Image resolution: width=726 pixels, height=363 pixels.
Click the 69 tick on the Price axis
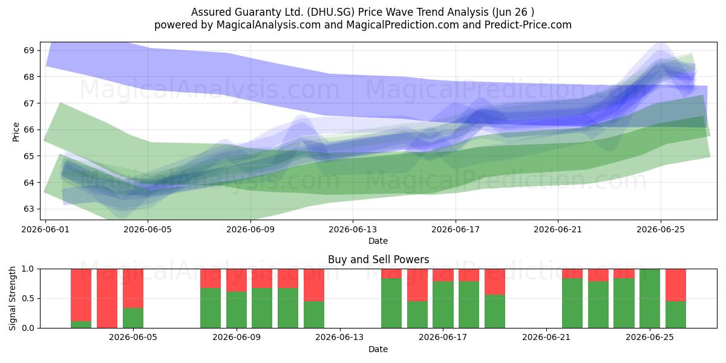click(28, 51)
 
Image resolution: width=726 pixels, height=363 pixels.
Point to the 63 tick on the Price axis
click(28, 209)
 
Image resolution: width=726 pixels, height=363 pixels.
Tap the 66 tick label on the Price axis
click(28, 129)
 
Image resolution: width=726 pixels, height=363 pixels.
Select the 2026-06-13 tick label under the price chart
click(353, 229)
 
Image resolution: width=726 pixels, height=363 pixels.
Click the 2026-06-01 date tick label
click(45, 229)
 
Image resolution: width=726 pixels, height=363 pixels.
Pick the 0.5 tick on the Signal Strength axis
click(28, 298)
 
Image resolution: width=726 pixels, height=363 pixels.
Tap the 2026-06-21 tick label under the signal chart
click(546, 337)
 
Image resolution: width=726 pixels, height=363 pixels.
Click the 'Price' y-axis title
click(16, 132)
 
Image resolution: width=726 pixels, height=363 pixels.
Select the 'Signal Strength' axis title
click(12, 298)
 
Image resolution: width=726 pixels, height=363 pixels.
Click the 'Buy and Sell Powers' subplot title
click(378, 260)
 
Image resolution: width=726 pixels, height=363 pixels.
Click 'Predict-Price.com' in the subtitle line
click(528, 25)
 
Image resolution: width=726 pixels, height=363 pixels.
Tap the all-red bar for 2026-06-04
click(107, 298)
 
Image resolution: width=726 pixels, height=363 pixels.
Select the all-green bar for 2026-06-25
click(650, 298)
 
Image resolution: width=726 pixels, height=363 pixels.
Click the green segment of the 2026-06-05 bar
click(133, 318)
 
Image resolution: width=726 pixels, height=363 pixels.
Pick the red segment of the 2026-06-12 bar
click(314, 285)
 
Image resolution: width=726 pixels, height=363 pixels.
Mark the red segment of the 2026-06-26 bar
click(676, 285)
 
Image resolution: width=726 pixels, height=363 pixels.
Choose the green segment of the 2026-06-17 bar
click(443, 305)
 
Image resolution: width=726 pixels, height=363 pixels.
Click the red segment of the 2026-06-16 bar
click(417, 285)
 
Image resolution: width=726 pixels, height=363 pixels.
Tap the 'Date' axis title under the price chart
click(378, 241)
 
